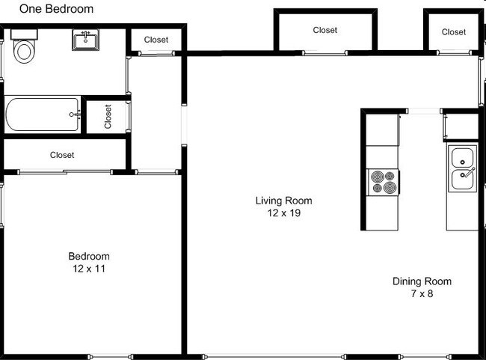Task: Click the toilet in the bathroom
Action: (x=25, y=49)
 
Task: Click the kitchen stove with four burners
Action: (x=384, y=181)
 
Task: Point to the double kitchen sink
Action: (x=462, y=168)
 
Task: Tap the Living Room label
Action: (x=283, y=201)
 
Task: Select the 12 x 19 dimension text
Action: (x=283, y=213)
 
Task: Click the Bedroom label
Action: (x=89, y=256)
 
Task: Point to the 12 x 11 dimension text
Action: (x=89, y=268)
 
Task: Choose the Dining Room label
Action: (x=422, y=281)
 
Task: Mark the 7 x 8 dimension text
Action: (x=422, y=293)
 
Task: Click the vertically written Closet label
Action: (x=108, y=117)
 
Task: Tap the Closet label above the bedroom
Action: (x=62, y=155)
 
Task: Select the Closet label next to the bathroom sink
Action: (x=156, y=40)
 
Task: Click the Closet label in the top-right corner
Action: (x=453, y=31)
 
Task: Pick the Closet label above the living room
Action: (x=324, y=30)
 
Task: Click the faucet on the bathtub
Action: (x=74, y=115)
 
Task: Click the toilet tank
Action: (x=25, y=34)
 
